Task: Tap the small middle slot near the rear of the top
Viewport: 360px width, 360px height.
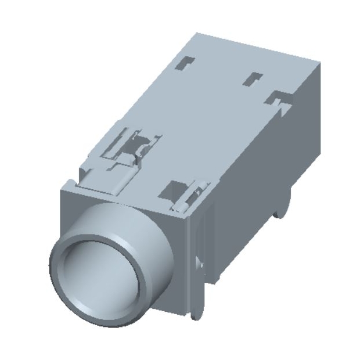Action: tap(254, 77)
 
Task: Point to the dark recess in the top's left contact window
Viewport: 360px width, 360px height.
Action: tap(138, 141)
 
